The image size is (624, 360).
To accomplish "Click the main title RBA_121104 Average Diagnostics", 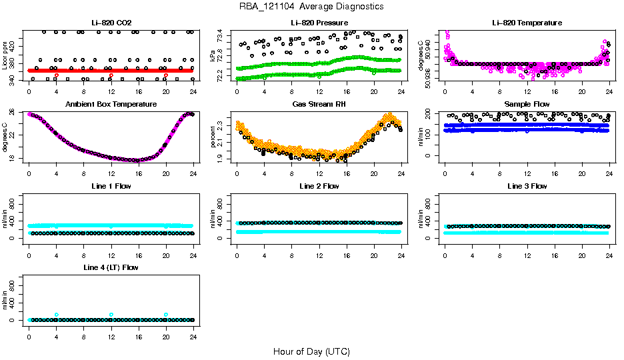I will coord(311,7).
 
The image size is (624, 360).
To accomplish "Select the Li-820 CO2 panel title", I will coord(111,23).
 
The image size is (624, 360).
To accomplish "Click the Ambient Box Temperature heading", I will coord(111,105).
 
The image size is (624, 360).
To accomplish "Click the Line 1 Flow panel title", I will coord(111,186).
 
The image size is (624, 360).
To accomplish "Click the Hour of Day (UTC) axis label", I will coord(311,351).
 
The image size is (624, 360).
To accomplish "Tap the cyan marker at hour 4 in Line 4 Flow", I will coord(57,315).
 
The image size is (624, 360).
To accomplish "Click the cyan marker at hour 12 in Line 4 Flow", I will coord(111,315).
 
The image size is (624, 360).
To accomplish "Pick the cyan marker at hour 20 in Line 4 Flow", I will coord(166,315).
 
